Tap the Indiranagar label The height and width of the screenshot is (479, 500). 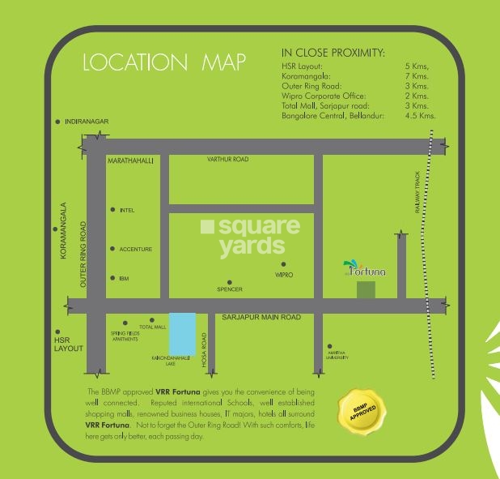click(x=87, y=121)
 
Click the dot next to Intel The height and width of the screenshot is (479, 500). click(x=112, y=210)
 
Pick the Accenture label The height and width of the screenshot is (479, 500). click(x=135, y=249)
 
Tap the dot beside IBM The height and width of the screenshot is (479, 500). click(x=112, y=278)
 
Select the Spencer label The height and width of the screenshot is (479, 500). click(x=230, y=289)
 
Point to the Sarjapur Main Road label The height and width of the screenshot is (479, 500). click(x=261, y=318)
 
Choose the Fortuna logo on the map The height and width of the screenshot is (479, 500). click(x=366, y=268)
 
